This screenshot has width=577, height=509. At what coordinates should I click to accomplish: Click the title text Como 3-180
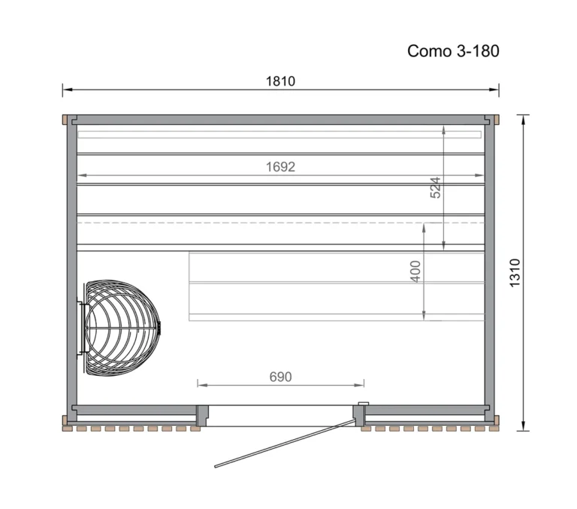[x=453, y=51]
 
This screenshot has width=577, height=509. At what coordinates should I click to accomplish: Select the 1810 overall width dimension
[x=279, y=81]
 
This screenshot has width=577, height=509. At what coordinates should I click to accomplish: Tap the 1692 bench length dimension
[x=279, y=167]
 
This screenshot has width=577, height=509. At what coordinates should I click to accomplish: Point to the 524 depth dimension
[x=436, y=188]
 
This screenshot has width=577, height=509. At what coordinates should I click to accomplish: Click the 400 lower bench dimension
[x=415, y=271]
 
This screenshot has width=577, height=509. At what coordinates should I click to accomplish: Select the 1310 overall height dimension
[x=515, y=273]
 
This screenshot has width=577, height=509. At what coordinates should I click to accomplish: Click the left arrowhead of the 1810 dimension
[x=66, y=90]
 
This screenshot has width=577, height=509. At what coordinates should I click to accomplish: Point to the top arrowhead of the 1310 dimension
[x=523, y=118]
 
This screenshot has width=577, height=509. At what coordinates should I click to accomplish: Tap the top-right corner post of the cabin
[x=492, y=120]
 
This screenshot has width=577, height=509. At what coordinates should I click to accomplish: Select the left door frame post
[x=201, y=414]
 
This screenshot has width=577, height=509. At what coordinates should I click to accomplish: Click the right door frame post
[x=360, y=414]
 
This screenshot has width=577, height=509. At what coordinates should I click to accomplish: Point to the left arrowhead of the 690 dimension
[x=201, y=384]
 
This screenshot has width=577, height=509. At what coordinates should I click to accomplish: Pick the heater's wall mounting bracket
[x=80, y=329]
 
